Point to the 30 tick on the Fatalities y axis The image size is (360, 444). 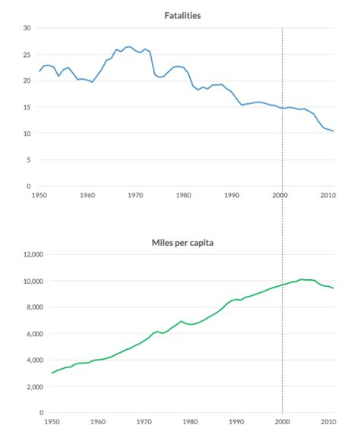pyautogui.click(x=27, y=28)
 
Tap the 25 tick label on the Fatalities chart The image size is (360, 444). pyautogui.click(x=27, y=55)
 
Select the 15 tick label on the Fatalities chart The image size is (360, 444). pyautogui.click(x=27, y=107)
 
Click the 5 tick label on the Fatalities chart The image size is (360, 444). pyautogui.click(x=29, y=160)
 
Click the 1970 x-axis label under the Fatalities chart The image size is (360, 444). pyautogui.click(x=134, y=195)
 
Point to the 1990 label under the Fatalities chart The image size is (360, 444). pyautogui.click(x=232, y=195)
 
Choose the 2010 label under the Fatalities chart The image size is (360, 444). pyautogui.click(x=328, y=195)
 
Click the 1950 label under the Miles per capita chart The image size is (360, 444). pyautogui.click(x=52, y=420)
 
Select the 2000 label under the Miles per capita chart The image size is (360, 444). pyautogui.click(x=283, y=420)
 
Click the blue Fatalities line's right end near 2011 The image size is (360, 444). pyautogui.click(x=333, y=131)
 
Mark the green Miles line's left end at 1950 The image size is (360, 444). pyautogui.click(x=52, y=373)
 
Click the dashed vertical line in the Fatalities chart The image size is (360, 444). pyautogui.click(x=283, y=76)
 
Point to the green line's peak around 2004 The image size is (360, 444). pyautogui.click(x=301, y=279)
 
